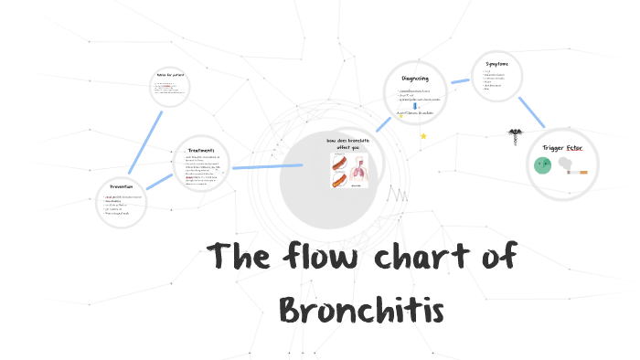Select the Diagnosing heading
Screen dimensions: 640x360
[x=414, y=78]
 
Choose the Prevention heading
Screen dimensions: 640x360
[x=121, y=187]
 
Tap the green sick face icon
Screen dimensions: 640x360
[x=542, y=165]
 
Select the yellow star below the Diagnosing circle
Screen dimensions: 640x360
[x=423, y=136]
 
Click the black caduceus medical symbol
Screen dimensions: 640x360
[x=515, y=136]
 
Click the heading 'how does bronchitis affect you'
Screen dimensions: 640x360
[x=349, y=143]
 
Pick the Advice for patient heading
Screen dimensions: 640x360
[x=170, y=74]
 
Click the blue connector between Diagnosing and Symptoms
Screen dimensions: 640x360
[x=459, y=81]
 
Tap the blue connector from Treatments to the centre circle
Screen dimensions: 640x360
[x=266, y=166]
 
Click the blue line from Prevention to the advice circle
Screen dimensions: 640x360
[x=145, y=141]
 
